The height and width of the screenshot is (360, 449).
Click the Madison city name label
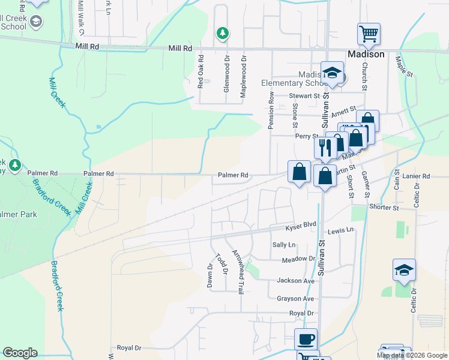click(x=366, y=54)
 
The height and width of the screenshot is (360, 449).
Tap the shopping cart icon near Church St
click(x=369, y=34)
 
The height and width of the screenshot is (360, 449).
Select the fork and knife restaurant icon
click(x=325, y=147)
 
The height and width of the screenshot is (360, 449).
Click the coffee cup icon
click(x=306, y=339)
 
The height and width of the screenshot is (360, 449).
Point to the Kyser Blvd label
click(x=300, y=223)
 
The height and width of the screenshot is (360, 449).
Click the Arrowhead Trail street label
click(x=238, y=271)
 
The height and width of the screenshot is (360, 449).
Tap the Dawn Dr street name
click(x=210, y=275)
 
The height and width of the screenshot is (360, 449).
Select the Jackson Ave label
click(x=295, y=280)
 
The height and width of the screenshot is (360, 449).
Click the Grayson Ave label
click(x=295, y=298)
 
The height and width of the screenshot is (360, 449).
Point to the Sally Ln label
click(x=284, y=245)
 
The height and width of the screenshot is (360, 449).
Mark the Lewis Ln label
click(x=340, y=231)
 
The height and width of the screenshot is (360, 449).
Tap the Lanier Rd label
click(x=417, y=176)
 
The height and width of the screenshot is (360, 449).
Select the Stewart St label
click(x=304, y=95)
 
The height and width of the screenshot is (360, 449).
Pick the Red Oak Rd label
click(x=202, y=72)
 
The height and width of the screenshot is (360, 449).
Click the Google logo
click(x=20, y=353)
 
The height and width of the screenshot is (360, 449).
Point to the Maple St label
click(x=405, y=66)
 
